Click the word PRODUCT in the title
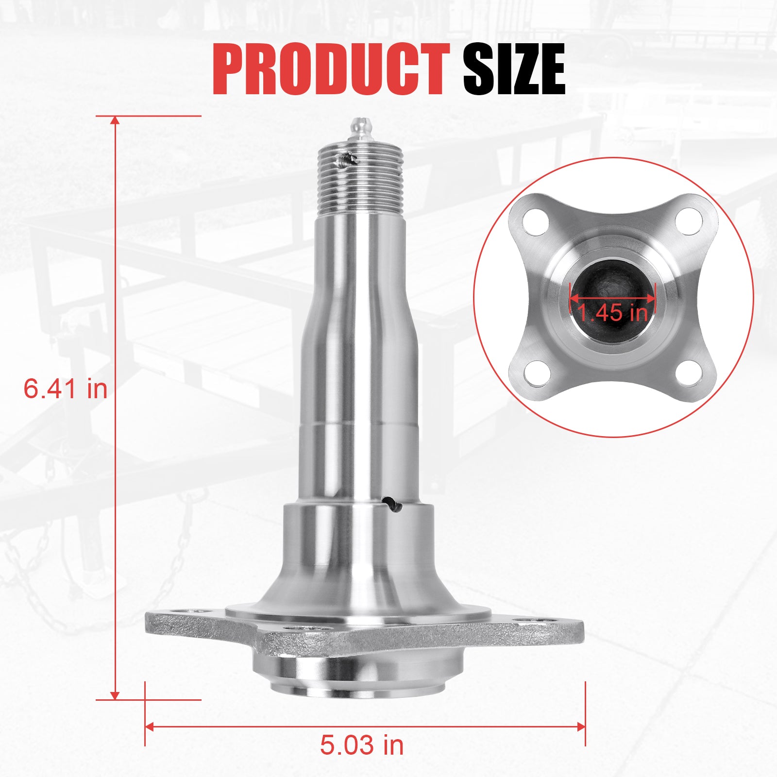330,69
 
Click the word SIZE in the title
514,69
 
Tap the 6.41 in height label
66,389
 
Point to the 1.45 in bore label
613,312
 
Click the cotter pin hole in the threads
348,160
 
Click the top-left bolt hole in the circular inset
537,221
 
